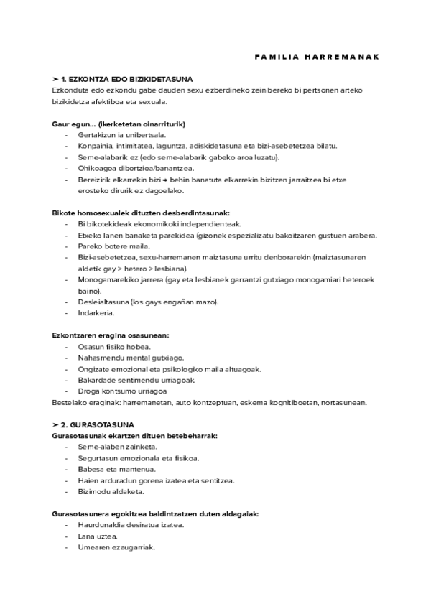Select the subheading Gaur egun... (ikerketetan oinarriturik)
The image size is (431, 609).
[x=119, y=124]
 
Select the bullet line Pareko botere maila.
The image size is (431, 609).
[x=109, y=246]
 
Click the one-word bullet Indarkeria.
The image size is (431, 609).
[x=97, y=313]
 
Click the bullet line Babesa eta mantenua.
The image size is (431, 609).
[x=112, y=469]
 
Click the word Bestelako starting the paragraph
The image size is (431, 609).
[x=70, y=402]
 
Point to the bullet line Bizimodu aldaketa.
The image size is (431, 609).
[x=111, y=491]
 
